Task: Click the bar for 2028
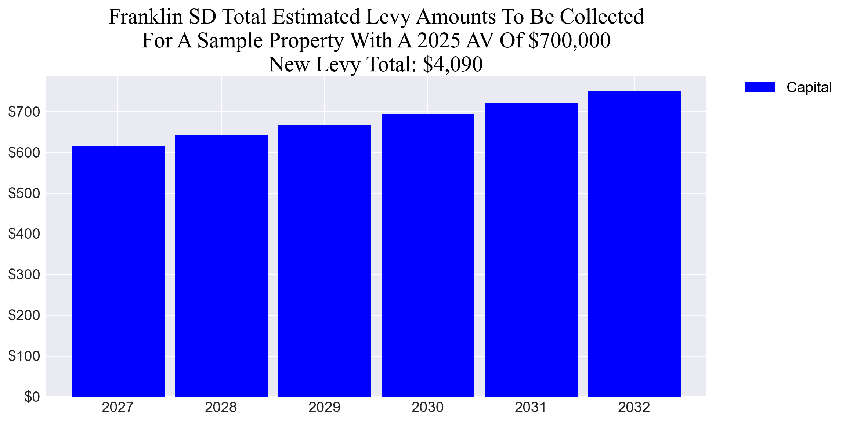point(221,266)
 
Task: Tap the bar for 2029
point(324,261)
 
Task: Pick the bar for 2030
point(428,255)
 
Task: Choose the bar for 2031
point(531,250)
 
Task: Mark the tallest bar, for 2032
point(634,244)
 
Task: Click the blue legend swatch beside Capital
point(760,87)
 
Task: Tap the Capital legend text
point(809,87)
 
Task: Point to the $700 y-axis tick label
point(24,112)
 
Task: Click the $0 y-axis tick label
point(32,397)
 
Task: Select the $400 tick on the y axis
point(24,234)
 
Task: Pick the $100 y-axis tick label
point(24,356)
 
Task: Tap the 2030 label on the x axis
point(427,407)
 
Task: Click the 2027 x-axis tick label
point(117,407)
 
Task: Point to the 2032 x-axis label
point(634,407)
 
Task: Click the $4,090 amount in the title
point(452,64)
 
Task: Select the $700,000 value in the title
point(569,40)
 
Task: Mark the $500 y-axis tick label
point(24,194)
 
